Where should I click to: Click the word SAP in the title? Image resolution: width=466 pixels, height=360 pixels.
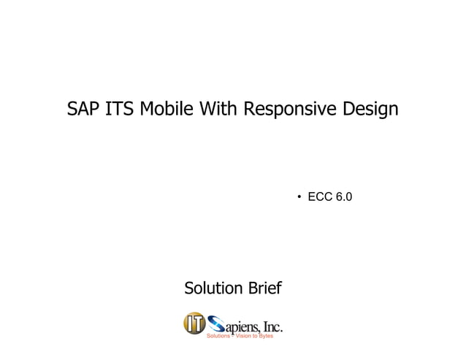click(x=83, y=110)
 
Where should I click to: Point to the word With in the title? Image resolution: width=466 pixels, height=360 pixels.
click(x=218, y=110)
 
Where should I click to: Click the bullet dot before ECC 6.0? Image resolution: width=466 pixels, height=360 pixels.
click(x=299, y=198)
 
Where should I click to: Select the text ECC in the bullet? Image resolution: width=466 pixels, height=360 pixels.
click(x=320, y=197)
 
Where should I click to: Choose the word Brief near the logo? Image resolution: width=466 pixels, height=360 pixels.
click(x=264, y=288)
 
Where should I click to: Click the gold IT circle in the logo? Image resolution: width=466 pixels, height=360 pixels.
click(x=193, y=323)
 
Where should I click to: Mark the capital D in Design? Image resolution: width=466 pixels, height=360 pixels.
click(x=347, y=110)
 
